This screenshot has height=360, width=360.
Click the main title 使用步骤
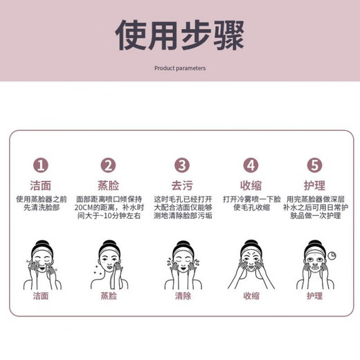[179, 35]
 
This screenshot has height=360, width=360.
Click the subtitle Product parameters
[179, 69]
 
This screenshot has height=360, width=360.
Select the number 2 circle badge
[109, 165]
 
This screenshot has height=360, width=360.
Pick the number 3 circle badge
[181, 165]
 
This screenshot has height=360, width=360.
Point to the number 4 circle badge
[250, 165]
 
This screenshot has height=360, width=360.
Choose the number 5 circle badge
[316, 165]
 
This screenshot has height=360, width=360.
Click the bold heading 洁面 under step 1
[41, 186]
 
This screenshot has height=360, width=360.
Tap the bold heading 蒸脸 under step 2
[109, 186]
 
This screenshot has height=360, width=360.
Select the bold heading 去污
[181, 186]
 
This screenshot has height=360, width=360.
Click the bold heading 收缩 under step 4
[250, 186]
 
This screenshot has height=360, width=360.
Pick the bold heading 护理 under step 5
[316, 186]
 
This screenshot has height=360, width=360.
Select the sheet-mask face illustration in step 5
[314, 263]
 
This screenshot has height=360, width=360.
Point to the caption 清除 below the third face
[181, 296]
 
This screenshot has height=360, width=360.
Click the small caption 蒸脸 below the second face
[109, 296]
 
